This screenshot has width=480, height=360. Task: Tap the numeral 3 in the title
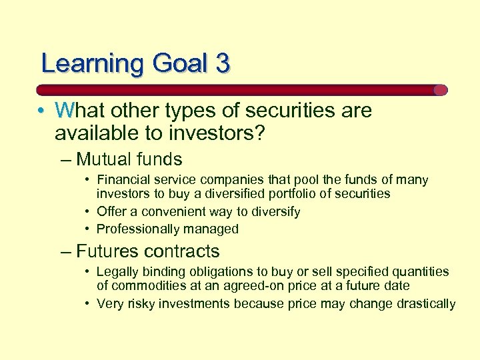coord(222,63)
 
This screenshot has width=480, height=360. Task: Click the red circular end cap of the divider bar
coord(440,90)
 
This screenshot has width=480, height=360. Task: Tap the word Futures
coord(106,251)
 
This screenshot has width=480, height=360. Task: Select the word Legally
coord(117,272)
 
